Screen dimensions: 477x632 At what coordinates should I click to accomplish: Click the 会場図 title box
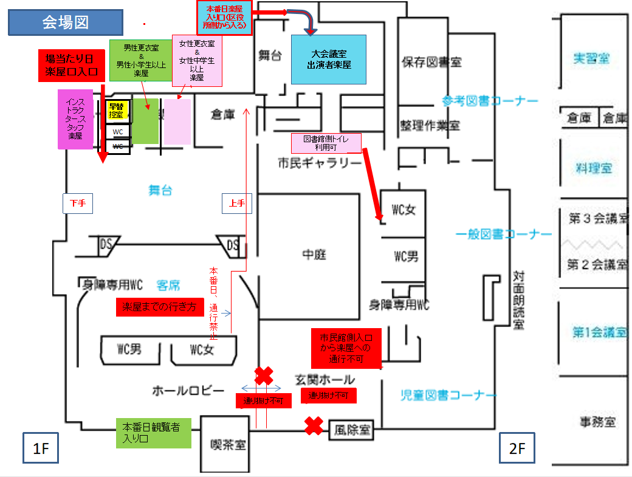66,22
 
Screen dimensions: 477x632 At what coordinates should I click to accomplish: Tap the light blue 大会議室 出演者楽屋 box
329,59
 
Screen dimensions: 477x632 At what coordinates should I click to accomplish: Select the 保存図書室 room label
431,62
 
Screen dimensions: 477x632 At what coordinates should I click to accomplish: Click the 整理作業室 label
430,126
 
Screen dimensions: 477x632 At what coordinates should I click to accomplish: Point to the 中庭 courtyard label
314,255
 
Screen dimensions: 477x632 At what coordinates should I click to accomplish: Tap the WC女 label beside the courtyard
404,210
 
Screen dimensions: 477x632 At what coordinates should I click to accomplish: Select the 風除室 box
351,430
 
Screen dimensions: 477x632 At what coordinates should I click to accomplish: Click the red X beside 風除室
313,426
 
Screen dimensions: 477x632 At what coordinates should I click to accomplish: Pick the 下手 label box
77,204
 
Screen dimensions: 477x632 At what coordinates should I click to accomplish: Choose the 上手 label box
237,204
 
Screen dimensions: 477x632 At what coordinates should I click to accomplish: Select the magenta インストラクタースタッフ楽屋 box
75,119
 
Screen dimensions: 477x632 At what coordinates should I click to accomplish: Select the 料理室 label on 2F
593,168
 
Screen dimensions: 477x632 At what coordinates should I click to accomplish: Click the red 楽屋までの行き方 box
159,307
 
